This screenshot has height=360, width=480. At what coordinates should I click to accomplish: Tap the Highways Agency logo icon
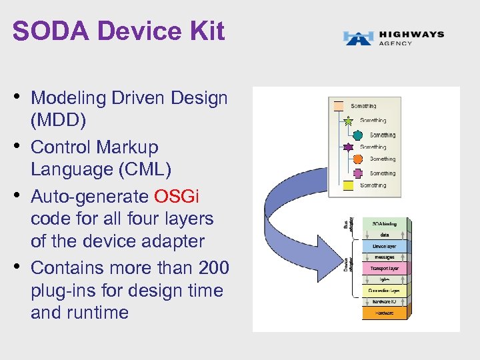358,38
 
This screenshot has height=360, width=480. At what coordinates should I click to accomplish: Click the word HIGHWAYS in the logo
411,35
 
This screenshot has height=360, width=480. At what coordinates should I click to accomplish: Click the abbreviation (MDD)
59,121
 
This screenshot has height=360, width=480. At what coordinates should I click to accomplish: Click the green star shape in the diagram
347,121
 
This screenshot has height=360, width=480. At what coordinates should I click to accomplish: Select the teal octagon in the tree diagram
357,135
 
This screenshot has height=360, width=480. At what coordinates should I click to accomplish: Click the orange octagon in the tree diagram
357,159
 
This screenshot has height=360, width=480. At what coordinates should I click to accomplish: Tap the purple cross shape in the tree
357,173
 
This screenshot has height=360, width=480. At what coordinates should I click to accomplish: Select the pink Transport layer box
383,268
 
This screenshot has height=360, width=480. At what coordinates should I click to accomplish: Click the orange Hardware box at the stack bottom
383,312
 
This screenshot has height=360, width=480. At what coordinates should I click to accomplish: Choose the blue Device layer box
383,246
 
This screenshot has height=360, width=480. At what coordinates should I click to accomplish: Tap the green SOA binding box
383,224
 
